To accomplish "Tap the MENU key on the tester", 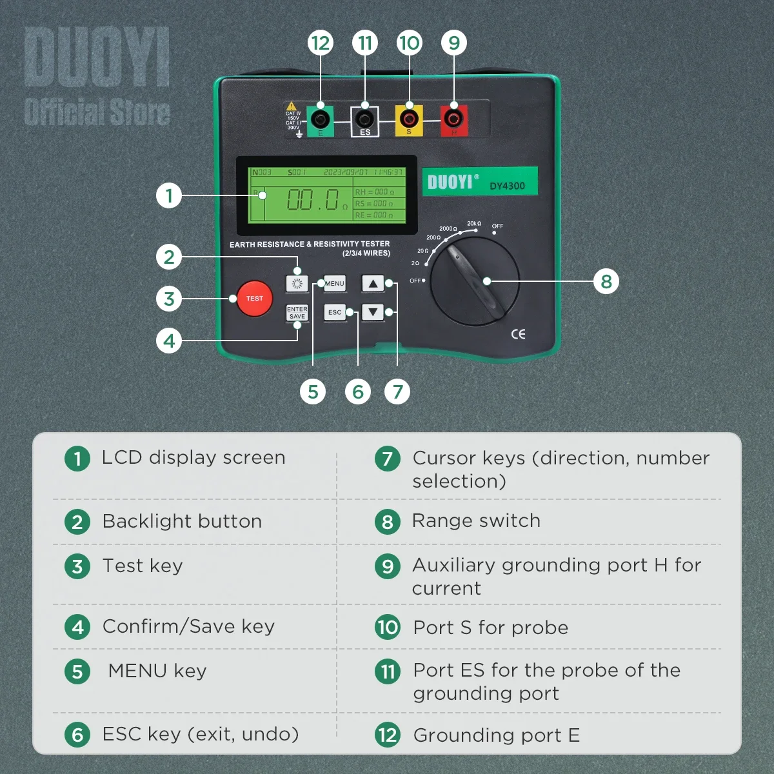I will click(x=335, y=283).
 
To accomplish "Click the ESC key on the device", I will click(x=335, y=312).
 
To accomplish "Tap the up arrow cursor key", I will click(x=373, y=283).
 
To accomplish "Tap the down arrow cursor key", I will click(x=373, y=312).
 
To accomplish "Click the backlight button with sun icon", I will click(x=297, y=283).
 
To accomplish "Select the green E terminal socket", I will click(x=321, y=119).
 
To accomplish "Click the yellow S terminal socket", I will click(x=409, y=119).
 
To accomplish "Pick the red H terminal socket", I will click(x=454, y=119).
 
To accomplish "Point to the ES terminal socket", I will click(x=365, y=119).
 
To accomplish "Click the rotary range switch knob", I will click(x=475, y=282).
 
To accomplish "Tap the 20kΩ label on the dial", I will click(x=474, y=224).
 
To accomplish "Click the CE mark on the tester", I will click(x=518, y=333).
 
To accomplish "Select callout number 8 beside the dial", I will click(x=606, y=281).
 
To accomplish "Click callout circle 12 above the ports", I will click(x=321, y=43).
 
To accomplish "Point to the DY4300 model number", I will click(x=507, y=186).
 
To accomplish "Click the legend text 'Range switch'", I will click(x=476, y=521).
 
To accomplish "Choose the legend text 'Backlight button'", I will click(x=182, y=521).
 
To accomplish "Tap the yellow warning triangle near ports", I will click(x=292, y=105).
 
